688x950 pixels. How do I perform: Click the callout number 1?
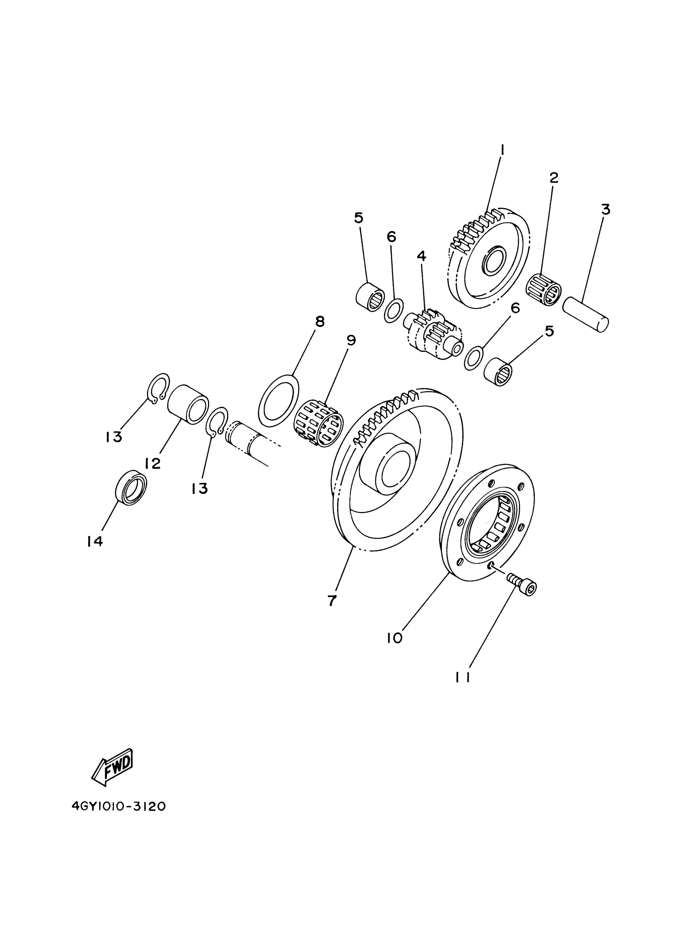[x=502, y=149]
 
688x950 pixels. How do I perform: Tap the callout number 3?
[x=605, y=209]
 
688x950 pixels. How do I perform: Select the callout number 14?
[x=95, y=541]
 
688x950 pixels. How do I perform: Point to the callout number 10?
[x=395, y=638]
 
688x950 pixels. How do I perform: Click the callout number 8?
[x=320, y=322]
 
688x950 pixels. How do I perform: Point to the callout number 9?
[x=351, y=340]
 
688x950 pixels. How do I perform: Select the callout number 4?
[x=421, y=256]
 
